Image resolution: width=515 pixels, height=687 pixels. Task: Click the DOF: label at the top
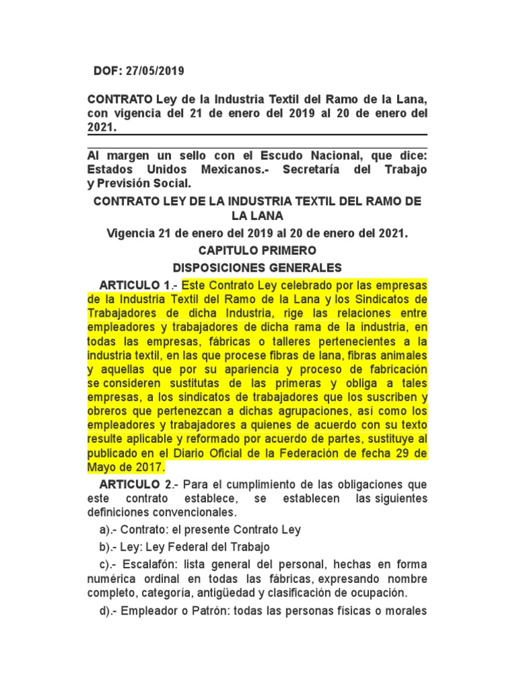108,71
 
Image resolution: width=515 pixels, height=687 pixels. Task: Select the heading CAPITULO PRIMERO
257,250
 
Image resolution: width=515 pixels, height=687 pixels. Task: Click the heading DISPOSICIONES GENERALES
257,267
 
